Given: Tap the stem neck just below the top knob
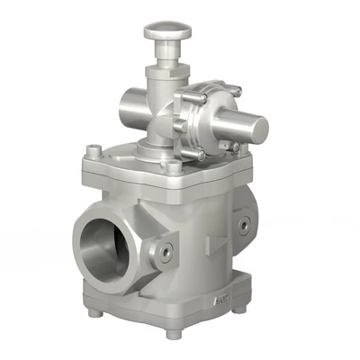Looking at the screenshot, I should (x=165, y=55).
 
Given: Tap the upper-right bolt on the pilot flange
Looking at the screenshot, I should (x=236, y=90).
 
